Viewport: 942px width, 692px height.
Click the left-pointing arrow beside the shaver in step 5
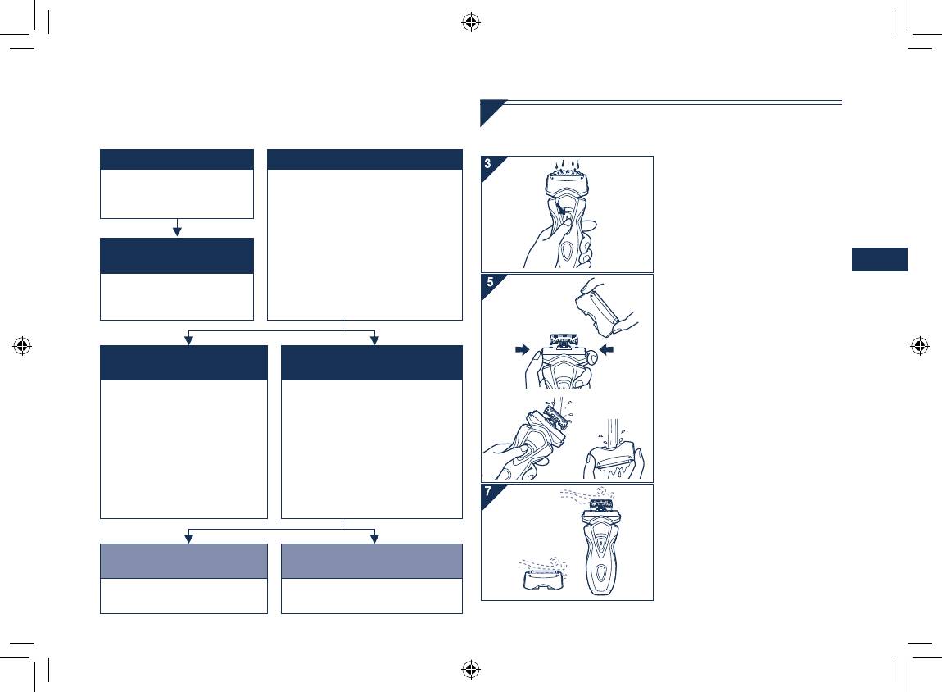click(x=606, y=349)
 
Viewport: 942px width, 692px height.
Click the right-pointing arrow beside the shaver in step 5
click(x=523, y=349)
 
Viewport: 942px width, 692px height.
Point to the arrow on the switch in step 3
click(x=560, y=210)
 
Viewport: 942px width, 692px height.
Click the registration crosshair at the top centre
click(x=471, y=23)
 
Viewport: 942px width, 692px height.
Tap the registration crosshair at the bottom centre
click(x=471, y=668)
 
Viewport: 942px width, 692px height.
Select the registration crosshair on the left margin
click(x=22, y=346)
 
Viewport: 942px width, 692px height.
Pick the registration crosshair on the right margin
click(x=920, y=346)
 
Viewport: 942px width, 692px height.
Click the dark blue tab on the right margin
click(x=880, y=259)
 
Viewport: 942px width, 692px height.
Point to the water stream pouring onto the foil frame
click(x=610, y=433)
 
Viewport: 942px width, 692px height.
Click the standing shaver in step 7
click(x=600, y=546)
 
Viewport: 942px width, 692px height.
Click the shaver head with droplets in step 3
click(x=564, y=180)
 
